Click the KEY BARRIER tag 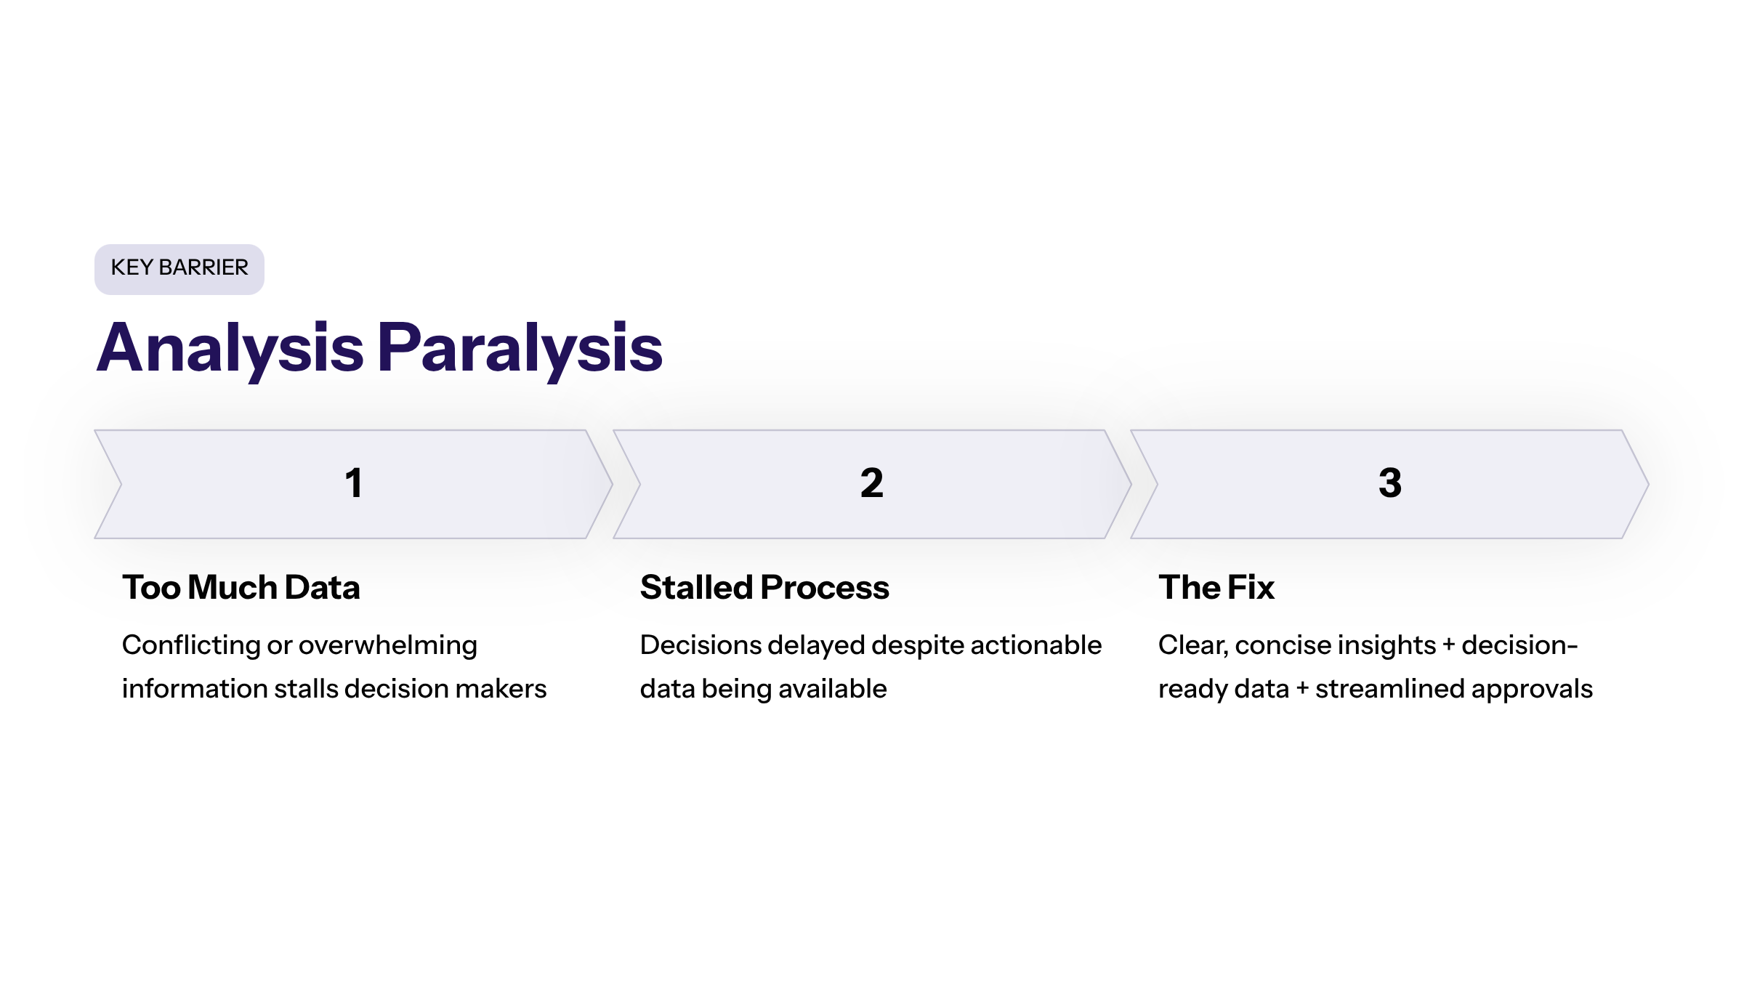coord(179,269)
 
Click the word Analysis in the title coord(230,350)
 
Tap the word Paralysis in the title coord(520,350)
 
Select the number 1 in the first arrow coord(354,483)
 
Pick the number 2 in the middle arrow coord(872,483)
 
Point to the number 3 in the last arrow coord(1390,483)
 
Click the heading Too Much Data coord(241,587)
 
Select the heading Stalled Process coord(764,587)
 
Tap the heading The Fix coord(1216,587)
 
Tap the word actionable coord(1035,645)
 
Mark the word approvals coord(1522,690)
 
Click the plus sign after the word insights coord(1449,645)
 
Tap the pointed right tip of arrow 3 coord(1648,484)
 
